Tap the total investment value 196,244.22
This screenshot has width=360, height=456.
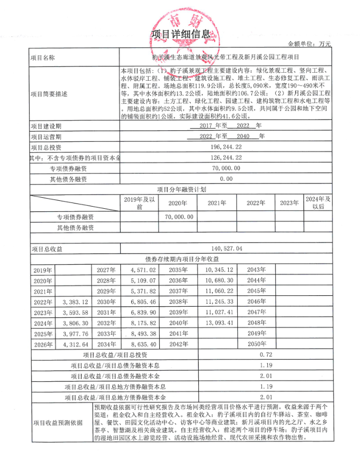point(226,147)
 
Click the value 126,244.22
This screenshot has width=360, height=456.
point(226,158)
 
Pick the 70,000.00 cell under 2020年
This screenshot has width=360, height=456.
point(179,217)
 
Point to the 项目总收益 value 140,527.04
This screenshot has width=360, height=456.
point(226,248)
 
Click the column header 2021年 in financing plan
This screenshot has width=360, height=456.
point(216,203)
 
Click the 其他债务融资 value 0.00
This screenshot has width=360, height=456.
point(226,179)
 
